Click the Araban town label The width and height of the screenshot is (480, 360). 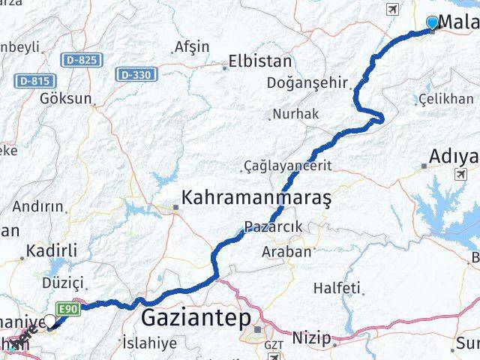tap(286, 252)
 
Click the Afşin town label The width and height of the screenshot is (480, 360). tap(191, 46)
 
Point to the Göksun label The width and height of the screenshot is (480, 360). tap(66, 98)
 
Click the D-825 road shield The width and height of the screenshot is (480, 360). tap(82, 59)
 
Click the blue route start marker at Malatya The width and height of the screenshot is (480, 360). tap(433, 22)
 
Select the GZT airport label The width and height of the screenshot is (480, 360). tap(271, 343)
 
